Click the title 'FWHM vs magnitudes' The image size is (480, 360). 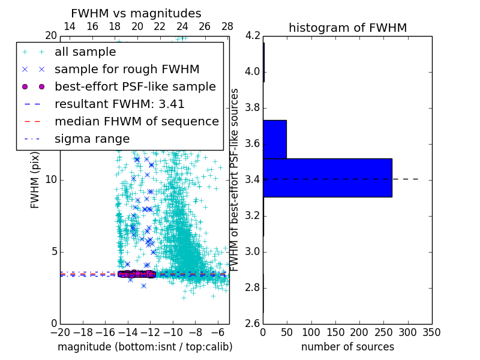pos(136,13)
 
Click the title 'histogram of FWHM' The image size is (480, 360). pos(347,28)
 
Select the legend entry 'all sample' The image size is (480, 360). pos(85,52)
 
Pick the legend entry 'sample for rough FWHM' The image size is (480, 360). pos(127,69)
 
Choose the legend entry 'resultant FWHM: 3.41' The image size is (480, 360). pos(119,104)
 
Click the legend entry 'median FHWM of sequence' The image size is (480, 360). pos(137,121)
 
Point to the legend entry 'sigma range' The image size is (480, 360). pos(92,139)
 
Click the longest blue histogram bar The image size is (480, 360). pos(327,178)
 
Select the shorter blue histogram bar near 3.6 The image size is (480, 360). pos(275,139)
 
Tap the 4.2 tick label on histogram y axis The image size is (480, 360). pos(252,36)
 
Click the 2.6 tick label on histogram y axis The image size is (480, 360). pos(252,323)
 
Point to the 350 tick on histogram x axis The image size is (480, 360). pos(431,332)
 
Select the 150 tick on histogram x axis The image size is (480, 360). pos(335,332)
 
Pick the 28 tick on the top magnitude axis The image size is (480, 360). pos(227,26)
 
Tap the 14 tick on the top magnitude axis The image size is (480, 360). pos(70,26)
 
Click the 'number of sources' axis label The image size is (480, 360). pos(347,347)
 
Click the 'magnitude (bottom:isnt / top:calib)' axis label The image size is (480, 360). pos(145,347)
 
